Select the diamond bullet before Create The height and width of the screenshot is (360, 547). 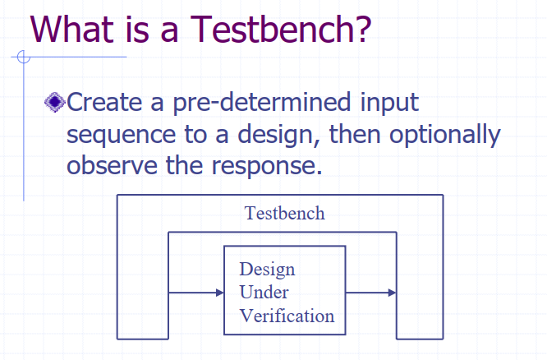[55, 102]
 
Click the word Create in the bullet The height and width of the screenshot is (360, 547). [104, 102]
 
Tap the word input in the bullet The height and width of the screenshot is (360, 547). [389, 103]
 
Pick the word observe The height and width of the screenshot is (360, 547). [112, 165]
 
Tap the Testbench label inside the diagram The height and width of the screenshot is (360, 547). [285, 213]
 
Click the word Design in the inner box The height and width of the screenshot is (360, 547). [267, 270]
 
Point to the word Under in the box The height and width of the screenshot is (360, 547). [264, 292]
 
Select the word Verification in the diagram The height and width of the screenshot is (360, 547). [287, 316]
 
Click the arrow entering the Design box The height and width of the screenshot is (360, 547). [196, 293]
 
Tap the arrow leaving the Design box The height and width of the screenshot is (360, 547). [371, 293]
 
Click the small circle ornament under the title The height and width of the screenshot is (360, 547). [24, 57]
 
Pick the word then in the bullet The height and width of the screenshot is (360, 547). [355, 135]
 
